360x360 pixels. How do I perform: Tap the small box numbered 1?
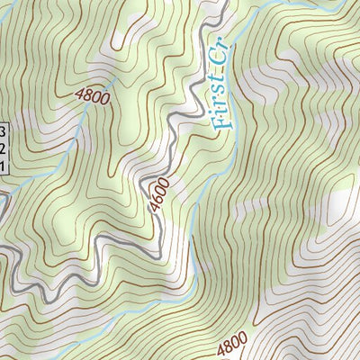[x=3, y=166]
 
